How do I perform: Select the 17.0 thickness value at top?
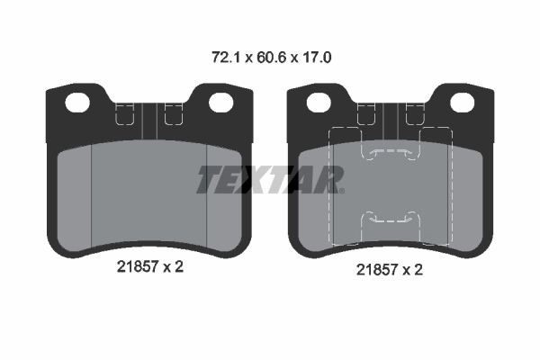pyautogui.click(x=317, y=58)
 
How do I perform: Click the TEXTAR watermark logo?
pyautogui.click(x=270, y=179)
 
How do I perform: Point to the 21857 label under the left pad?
pyautogui.click(x=138, y=266)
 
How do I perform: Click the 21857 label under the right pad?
pyautogui.click(x=377, y=270)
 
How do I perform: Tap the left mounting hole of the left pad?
pyautogui.click(x=77, y=103)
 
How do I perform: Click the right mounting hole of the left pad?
pyautogui.click(x=221, y=103)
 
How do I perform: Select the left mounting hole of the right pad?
pyautogui.click(x=319, y=103)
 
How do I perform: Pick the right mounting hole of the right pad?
pyautogui.click(x=463, y=103)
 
